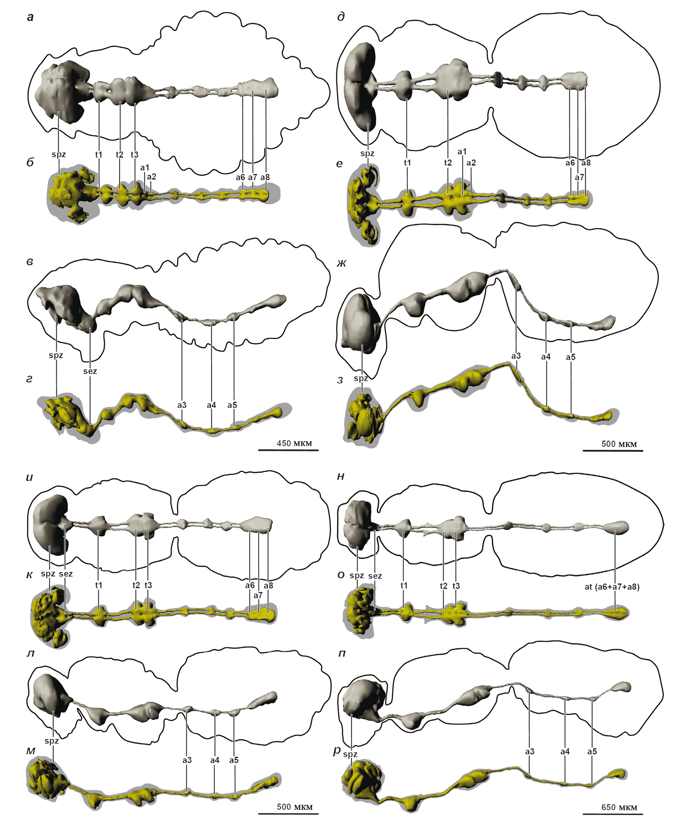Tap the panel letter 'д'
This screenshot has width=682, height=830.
[x=341, y=17]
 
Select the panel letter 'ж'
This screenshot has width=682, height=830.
[x=341, y=263]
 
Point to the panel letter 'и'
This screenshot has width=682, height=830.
[x=30, y=478]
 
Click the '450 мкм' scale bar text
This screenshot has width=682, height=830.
[x=294, y=443]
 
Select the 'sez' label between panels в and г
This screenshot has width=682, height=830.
[x=90, y=371]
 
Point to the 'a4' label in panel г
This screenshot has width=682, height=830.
[x=211, y=405]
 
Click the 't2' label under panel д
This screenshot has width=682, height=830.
[x=448, y=163]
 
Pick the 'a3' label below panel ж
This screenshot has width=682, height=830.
[x=516, y=356]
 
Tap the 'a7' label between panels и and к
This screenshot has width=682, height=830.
[x=258, y=595]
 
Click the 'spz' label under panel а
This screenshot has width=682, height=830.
[x=58, y=155]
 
